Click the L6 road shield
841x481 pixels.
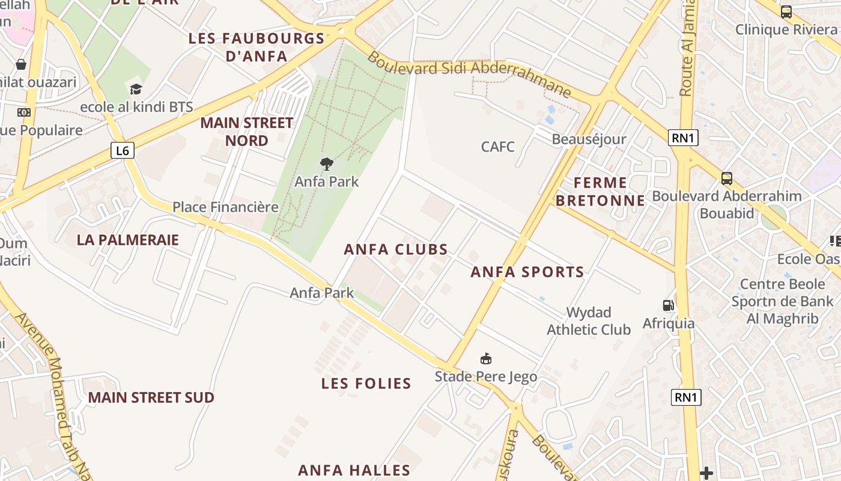(123, 150)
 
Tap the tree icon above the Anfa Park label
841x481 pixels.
(327, 164)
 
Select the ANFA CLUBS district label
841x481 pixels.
(396, 250)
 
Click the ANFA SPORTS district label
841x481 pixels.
(527, 272)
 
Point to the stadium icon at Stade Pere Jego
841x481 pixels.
(486, 359)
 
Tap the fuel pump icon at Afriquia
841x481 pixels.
(667, 305)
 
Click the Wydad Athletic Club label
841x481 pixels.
(589, 321)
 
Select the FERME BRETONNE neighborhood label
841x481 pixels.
(600, 191)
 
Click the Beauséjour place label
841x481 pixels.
(589, 139)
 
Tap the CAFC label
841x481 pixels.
(498, 146)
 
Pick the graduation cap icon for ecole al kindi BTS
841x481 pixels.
(136, 90)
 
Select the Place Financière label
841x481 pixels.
(225, 207)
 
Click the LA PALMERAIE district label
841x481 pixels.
(128, 240)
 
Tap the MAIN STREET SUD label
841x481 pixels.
(151, 397)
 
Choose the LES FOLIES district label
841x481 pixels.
(366, 383)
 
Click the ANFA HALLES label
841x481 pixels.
(354, 470)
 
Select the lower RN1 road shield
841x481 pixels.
(685, 397)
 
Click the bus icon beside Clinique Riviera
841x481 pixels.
(786, 11)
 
